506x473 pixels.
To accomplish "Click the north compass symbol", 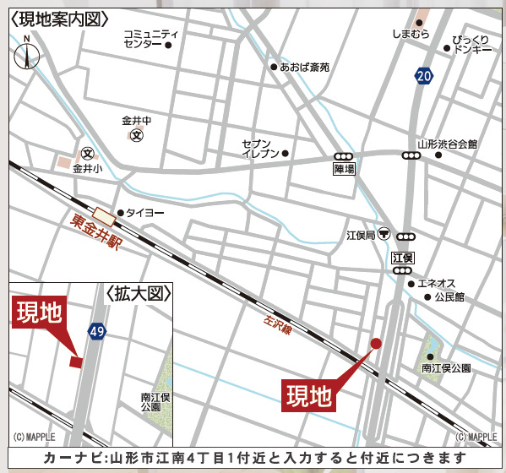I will tap(27, 55).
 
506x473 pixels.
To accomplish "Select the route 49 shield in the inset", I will tap(96, 332).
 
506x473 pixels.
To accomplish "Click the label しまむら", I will tap(411, 34).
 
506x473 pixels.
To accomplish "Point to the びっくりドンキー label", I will tap(471, 45).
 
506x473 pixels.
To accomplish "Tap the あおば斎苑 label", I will tap(305, 67).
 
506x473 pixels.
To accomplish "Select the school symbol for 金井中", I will tap(137, 135).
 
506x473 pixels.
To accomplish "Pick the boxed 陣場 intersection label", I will tap(344, 169).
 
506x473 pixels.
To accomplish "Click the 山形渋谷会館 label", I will tap(447, 144).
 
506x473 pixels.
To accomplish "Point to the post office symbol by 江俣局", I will tap(384, 234).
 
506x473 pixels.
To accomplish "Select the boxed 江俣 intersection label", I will tap(403, 257).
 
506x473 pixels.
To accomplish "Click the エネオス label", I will tap(438, 283).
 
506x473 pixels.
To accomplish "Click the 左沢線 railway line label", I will tap(276, 323).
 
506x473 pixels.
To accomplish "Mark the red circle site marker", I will tap(376, 343).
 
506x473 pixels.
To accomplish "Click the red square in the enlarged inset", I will tap(76, 362).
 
